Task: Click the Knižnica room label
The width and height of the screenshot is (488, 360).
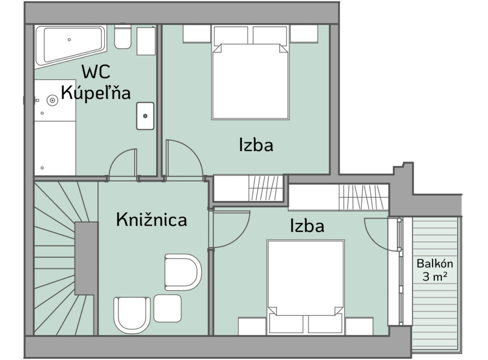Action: [x=152, y=220]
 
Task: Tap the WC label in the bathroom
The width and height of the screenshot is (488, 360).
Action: [x=96, y=72]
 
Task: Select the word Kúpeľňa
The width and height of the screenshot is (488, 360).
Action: [x=95, y=93]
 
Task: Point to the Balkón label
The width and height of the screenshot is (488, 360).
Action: [x=435, y=264]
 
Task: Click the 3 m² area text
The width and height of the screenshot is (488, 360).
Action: [x=435, y=276]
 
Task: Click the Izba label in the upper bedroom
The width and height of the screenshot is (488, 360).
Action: [x=256, y=145]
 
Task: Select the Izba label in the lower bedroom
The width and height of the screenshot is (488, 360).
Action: [x=307, y=226]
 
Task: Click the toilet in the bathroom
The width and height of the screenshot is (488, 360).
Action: [x=122, y=37]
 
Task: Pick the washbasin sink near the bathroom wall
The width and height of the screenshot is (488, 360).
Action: [x=145, y=116]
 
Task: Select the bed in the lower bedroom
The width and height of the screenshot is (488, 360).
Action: [x=305, y=287]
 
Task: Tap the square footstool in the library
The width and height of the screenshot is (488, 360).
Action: [x=168, y=308]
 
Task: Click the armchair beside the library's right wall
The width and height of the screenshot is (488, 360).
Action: [x=183, y=272]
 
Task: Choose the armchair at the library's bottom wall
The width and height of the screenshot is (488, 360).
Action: [x=132, y=315]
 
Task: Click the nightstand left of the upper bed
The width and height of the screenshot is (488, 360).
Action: [x=197, y=34]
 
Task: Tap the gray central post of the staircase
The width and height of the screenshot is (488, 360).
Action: [x=86, y=259]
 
